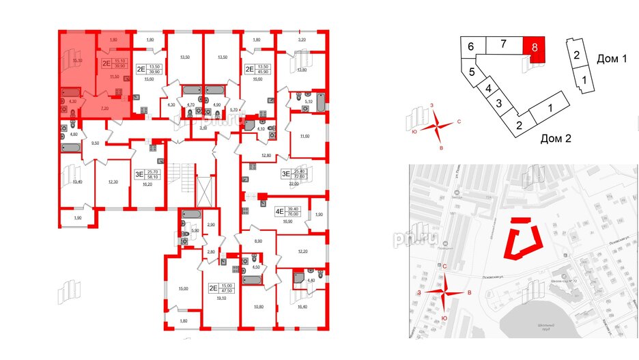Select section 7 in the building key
502,46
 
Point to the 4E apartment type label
279,212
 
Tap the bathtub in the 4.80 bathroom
70,147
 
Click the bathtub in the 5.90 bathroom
190,217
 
